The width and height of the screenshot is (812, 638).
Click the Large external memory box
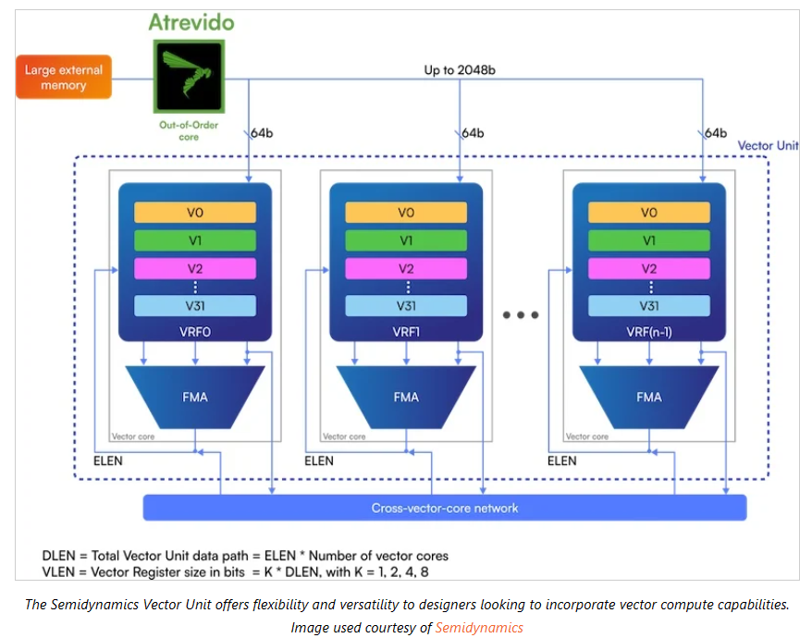(x=63, y=77)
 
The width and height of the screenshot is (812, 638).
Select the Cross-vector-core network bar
(x=444, y=508)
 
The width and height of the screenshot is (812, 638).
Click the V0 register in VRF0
(x=194, y=212)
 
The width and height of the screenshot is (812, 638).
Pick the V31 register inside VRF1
(x=406, y=306)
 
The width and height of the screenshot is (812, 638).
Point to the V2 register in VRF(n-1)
(x=649, y=269)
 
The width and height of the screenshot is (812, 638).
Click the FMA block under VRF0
(x=194, y=397)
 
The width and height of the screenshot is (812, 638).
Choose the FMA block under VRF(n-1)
(x=649, y=397)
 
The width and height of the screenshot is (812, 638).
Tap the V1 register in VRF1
(x=406, y=240)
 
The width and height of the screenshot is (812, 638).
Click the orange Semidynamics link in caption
(x=479, y=628)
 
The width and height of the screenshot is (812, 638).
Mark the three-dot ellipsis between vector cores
(x=521, y=315)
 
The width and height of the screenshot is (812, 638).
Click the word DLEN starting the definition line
(x=60, y=556)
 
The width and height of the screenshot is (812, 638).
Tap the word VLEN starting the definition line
(x=60, y=572)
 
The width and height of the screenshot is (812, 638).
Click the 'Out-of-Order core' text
(x=188, y=129)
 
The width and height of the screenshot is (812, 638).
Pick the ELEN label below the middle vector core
(x=319, y=460)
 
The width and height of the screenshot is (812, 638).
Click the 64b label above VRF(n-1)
(x=715, y=133)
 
